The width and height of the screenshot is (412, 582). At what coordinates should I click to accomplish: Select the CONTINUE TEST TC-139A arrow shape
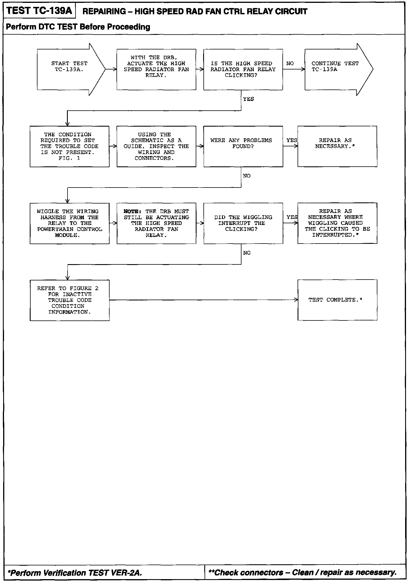pyautogui.click(x=335, y=69)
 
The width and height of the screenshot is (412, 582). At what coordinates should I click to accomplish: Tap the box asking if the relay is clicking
pyautogui.click(x=243, y=69)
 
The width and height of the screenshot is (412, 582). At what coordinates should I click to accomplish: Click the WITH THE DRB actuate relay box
pyautogui.click(x=156, y=69)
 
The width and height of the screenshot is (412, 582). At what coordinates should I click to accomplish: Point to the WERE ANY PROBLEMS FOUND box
pyautogui.click(x=243, y=146)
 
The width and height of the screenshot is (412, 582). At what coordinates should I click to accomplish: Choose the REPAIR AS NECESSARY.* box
pyautogui.click(x=337, y=146)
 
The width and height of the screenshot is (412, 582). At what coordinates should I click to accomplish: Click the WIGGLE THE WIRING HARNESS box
pyautogui.click(x=70, y=223)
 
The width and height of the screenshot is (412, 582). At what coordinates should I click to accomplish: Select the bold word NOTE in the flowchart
pyautogui.click(x=132, y=212)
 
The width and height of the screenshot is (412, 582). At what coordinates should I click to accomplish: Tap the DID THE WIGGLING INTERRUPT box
pyautogui.click(x=243, y=223)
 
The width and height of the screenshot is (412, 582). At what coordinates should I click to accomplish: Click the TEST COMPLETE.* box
pyautogui.click(x=337, y=300)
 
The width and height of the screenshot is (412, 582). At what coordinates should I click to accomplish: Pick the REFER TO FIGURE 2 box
pyautogui.click(x=70, y=300)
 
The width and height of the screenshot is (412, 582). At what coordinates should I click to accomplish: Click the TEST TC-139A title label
pyautogui.click(x=39, y=11)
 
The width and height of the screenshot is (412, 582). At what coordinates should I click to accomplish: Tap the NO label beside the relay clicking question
pyautogui.click(x=290, y=63)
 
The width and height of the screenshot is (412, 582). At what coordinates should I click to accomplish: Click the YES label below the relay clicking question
pyautogui.click(x=248, y=99)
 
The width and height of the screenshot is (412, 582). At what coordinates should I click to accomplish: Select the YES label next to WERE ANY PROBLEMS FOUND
pyautogui.click(x=292, y=140)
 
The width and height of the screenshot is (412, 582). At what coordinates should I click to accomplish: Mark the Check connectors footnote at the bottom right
pyautogui.click(x=302, y=572)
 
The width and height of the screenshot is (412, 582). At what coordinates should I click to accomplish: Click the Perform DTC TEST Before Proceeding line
pyautogui.click(x=78, y=27)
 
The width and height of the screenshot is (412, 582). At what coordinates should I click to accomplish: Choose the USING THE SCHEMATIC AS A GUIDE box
pyautogui.click(x=156, y=146)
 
